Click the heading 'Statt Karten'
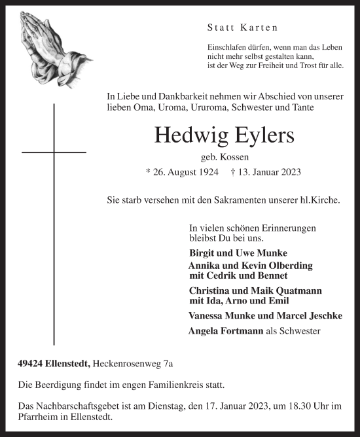click(242, 27)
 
